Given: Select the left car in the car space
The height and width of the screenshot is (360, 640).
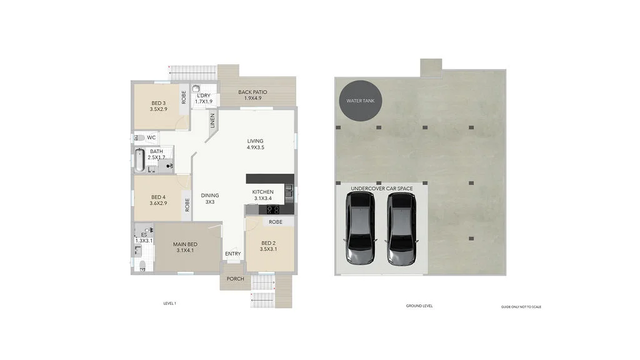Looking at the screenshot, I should [x=360, y=229].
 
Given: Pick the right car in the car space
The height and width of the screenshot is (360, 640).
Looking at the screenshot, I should [x=401, y=229].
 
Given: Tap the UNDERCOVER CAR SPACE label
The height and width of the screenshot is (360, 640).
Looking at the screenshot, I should [x=381, y=188].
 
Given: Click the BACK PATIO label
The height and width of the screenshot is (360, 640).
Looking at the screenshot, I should [x=252, y=95].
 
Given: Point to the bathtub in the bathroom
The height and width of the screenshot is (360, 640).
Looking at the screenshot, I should [x=138, y=161].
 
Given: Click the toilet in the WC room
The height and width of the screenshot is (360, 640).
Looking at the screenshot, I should [x=139, y=137].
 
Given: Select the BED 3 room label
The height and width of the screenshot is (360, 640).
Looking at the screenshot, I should [x=158, y=106].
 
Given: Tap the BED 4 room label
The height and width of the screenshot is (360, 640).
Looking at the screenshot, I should [x=158, y=199].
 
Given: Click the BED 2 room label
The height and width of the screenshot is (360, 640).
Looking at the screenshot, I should [x=268, y=246].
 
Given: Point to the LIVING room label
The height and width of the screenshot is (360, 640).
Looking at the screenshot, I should [x=255, y=144].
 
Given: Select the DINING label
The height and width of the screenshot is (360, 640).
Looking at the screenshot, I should [x=210, y=199].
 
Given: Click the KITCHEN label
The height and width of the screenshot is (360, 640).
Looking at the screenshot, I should [x=263, y=195].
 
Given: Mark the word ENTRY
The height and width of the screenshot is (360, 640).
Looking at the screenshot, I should [x=232, y=254].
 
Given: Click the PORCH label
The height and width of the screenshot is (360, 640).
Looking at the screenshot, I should [x=235, y=279].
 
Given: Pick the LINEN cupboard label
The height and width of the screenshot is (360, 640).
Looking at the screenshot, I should [x=212, y=120].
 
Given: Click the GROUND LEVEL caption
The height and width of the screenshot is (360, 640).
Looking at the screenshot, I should [x=419, y=306].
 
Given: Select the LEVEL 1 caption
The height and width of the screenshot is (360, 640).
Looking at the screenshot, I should [x=169, y=304].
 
